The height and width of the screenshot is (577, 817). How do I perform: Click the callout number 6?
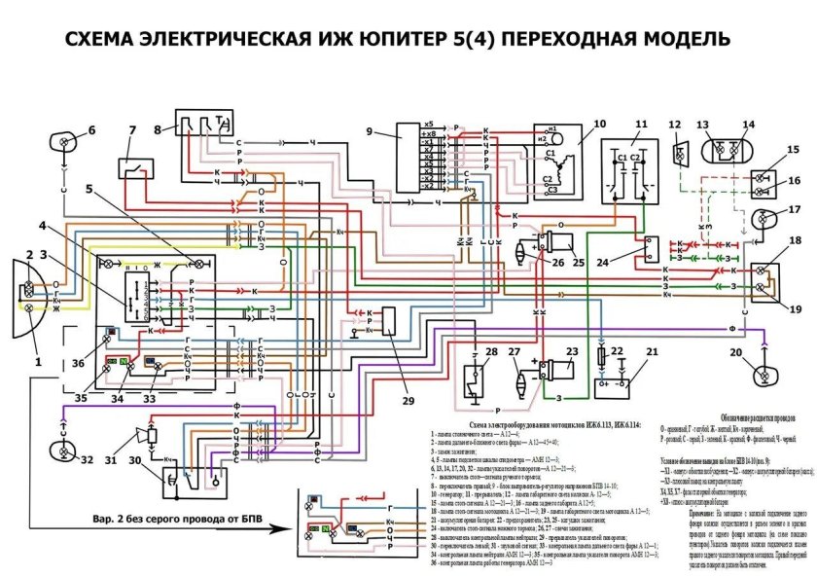pyautogui.click(x=91, y=130)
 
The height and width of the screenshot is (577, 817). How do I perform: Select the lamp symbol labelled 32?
pyautogui.click(x=64, y=450)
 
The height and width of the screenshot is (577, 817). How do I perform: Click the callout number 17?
pyautogui.click(x=795, y=208)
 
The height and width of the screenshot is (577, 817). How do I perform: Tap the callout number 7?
pyautogui.click(x=132, y=131)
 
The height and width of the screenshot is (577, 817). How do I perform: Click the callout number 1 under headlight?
pyautogui.click(x=40, y=361)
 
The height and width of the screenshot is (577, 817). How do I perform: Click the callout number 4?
pyautogui.click(x=42, y=226)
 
